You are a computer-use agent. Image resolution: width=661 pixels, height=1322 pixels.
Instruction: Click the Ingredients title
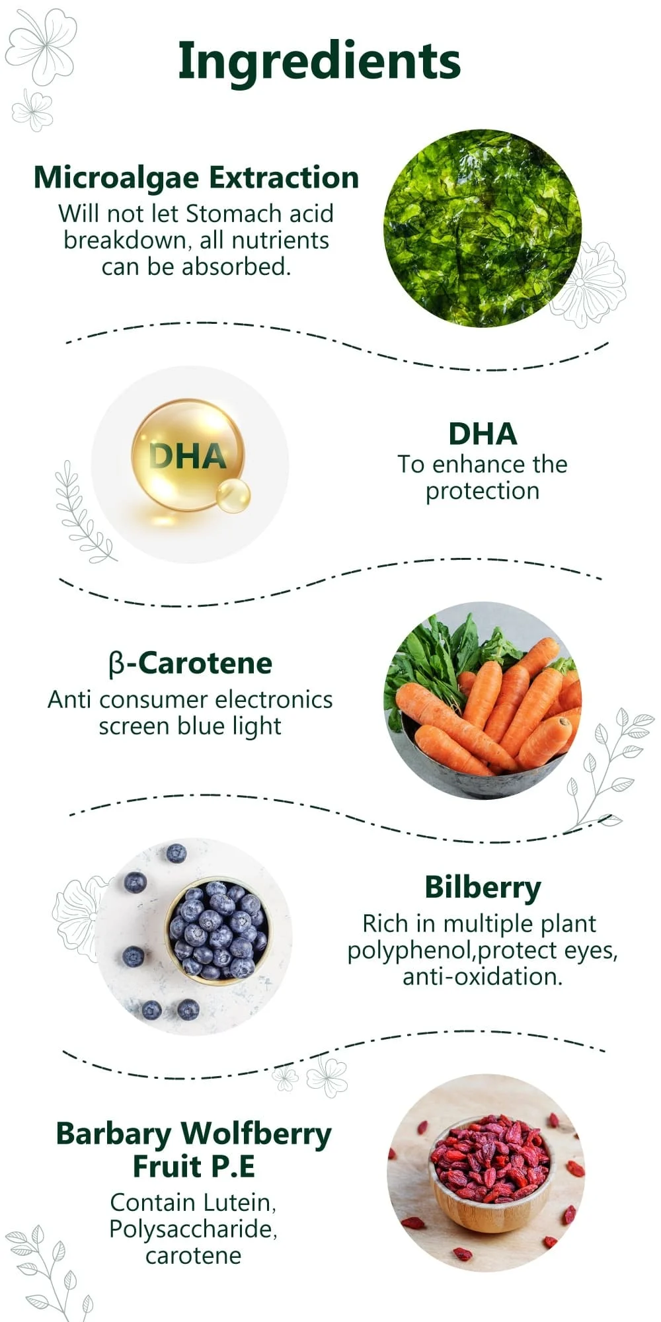[x=319, y=61]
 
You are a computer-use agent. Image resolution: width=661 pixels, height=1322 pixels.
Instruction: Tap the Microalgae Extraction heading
[x=196, y=178]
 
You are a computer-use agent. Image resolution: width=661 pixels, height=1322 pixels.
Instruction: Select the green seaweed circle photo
[x=483, y=228]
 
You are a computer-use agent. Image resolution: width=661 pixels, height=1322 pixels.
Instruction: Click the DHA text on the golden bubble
[x=187, y=456]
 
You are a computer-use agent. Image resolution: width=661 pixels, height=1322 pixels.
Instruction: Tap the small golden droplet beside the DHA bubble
[x=233, y=496]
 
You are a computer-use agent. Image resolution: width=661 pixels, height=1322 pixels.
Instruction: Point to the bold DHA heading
[x=483, y=434]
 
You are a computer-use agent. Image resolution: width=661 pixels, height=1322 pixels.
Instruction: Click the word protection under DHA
[x=483, y=491]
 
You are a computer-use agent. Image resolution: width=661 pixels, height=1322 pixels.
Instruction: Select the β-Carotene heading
[x=190, y=663]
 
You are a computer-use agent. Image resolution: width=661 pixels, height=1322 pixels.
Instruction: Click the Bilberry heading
[x=483, y=887]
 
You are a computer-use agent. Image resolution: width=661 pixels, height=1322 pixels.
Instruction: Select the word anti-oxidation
[x=483, y=977]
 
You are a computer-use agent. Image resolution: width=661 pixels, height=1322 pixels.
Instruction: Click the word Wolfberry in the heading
[x=256, y=1134]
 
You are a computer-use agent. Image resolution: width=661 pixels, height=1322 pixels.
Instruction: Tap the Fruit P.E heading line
[x=194, y=1166]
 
